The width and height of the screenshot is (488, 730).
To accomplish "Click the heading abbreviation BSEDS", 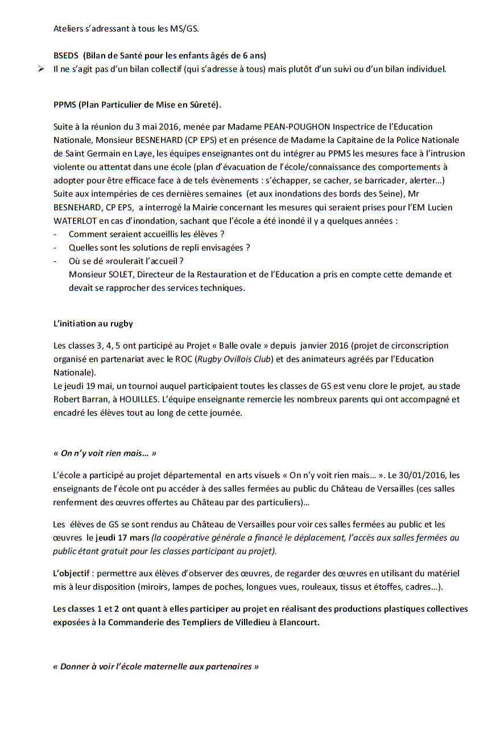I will [x=66, y=56].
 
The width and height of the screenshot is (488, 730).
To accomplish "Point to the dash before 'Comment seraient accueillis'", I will [x=55, y=234].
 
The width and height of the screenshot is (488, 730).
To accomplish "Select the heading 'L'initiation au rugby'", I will [x=93, y=323].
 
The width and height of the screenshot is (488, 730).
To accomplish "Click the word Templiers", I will [x=195, y=622].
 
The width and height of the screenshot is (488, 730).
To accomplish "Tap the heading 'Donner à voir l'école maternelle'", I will [x=156, y=666].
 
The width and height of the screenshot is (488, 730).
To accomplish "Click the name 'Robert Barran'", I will [x=78, y=400].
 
